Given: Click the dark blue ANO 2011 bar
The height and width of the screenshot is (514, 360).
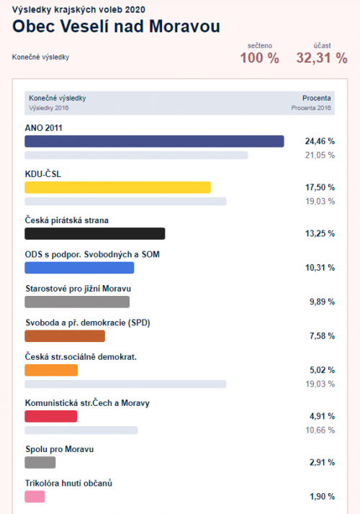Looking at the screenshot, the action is click(154, 141).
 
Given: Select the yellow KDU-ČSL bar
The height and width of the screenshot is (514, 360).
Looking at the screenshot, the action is click(117, 187).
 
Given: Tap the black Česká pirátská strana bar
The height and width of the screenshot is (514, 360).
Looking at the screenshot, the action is click(95, 234).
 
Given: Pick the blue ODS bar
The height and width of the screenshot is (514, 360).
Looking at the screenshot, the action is click(79, 268).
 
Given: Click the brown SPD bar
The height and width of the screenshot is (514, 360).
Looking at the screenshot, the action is click(65, 336).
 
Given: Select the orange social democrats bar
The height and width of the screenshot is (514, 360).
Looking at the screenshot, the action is click(51, 370).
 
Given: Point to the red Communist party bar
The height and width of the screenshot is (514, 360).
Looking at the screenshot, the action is click(51, 416).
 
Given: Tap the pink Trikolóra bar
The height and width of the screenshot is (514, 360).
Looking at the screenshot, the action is click(35, 497).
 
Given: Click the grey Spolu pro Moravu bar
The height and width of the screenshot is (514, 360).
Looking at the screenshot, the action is click(40, 463).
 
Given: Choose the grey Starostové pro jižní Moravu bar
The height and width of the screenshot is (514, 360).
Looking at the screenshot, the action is click(77, 302).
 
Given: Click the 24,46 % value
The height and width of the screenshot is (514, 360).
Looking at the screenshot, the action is click(320, 141).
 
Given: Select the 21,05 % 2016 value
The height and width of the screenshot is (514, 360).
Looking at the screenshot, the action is click(320, 155).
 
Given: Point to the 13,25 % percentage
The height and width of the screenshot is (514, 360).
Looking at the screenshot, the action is click(320, 234).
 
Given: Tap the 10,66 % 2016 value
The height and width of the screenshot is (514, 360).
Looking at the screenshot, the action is click(320, 430).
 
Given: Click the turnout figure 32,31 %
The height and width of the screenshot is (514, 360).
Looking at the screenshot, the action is click(322, 58).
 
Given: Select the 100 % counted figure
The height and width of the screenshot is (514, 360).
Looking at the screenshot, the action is click(260, 58).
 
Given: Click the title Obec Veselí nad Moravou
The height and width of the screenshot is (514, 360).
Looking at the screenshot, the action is click(116, 26).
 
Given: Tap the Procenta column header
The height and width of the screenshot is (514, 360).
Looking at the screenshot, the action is click(317, 98).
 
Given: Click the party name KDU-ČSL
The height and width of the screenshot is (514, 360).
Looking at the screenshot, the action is click(43, 174).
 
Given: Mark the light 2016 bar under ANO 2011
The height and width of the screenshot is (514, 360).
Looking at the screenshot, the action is click(136, 155).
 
